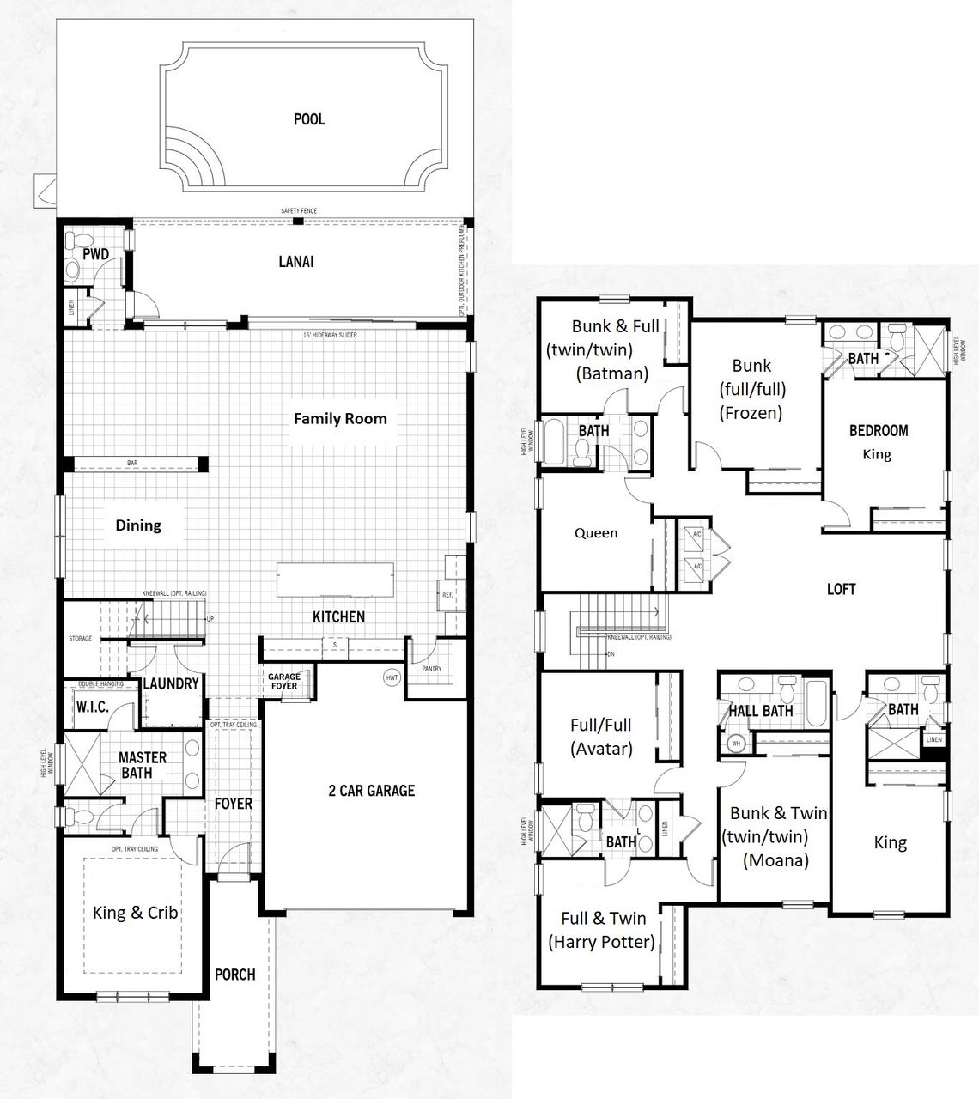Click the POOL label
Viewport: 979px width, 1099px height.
(309, 119)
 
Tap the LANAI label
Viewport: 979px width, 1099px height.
(295, 262)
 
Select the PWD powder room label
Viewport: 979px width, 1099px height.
(95, 254)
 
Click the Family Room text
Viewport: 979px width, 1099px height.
(340, 419)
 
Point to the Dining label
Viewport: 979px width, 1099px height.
(138, 525)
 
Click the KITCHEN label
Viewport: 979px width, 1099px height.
(338, 616)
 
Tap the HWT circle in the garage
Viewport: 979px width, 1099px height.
(392, 677)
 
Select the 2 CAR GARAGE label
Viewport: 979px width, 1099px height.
(371, 790)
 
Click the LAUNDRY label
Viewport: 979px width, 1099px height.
(170, 683)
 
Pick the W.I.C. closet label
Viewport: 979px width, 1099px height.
(93, 707)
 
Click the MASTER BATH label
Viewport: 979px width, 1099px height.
(143, 765)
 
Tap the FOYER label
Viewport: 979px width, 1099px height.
(234, 804)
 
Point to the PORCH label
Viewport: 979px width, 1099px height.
(234, 975)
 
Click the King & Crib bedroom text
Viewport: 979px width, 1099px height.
(136, 912)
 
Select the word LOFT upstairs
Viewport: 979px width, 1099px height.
(841, 590)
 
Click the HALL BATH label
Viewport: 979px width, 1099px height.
(760, 711)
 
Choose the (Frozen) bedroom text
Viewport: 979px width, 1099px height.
(751, 413)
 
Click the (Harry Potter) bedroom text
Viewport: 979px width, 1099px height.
(601, 942)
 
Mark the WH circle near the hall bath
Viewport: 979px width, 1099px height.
(735, 744)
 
